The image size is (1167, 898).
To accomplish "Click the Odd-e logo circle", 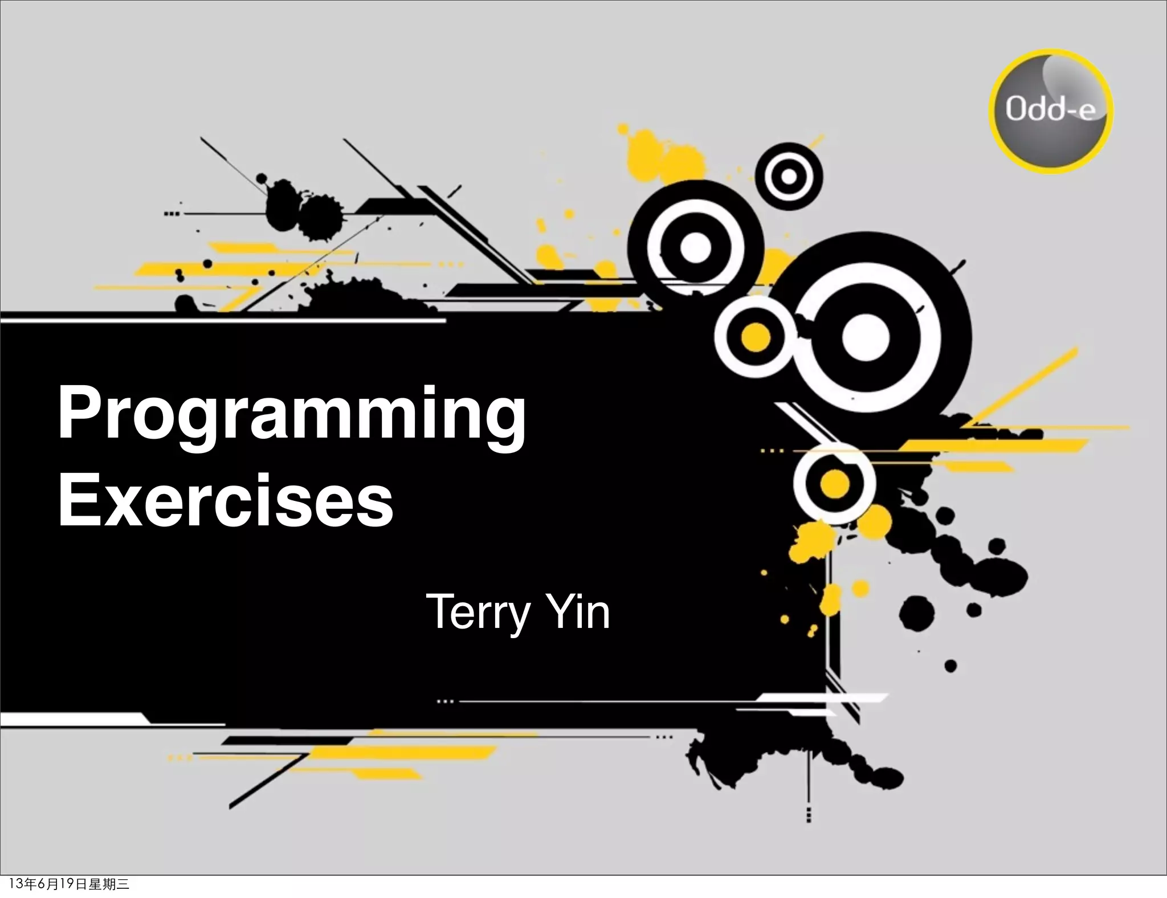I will point(1050,111).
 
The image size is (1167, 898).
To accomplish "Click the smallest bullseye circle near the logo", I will point(789,176).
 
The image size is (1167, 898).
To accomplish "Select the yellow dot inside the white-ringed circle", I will point(756,337).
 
